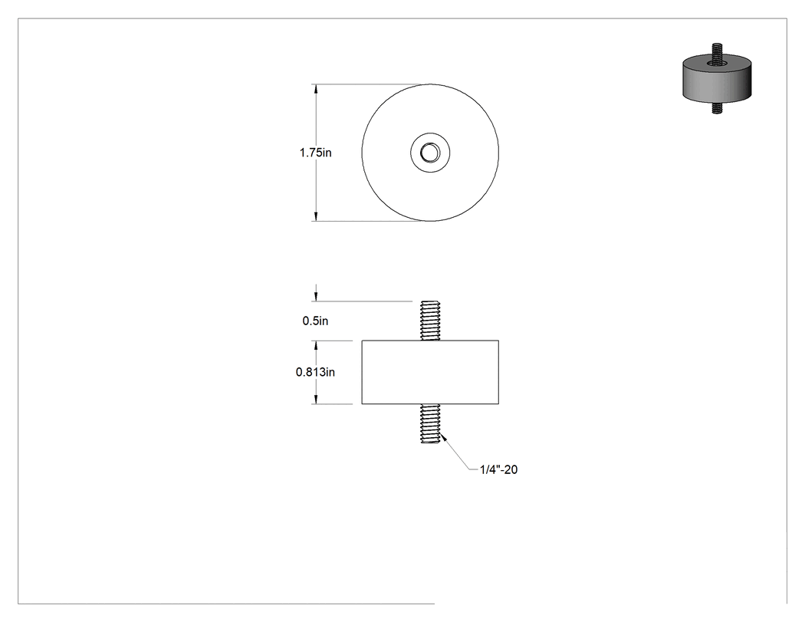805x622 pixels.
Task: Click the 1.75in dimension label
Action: click(x=315, y=153)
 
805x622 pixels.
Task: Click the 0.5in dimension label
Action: click(x=315, y=321)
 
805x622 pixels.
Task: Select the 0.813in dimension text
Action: click(x=315, y=372)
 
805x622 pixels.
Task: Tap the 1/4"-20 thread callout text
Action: click(x=498, y=469)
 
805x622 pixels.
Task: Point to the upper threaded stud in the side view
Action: click(x=430, y=321)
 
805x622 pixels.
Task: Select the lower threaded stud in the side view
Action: click(x=430, y=423)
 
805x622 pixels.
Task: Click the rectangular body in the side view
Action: click(x=430, y=372)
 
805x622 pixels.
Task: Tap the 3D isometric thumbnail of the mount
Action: click(x=717, y=78)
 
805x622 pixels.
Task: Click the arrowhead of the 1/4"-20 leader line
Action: click(x=443, y=438)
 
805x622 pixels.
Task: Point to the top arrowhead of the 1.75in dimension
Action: click(x=316, y=88)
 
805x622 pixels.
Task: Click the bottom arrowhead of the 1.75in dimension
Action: click(x=316, y=216)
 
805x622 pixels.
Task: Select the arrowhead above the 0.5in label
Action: click(x=316, y=296)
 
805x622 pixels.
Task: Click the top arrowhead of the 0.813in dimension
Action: click(x=316, y=345)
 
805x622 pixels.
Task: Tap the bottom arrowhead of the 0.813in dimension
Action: click(x=316, y=399)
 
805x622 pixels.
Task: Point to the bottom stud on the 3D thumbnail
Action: click(x=717, y=108)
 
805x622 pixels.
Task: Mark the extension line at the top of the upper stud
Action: click(x=362, y=301)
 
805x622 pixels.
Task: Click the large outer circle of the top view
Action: click(x=362, y=153)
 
